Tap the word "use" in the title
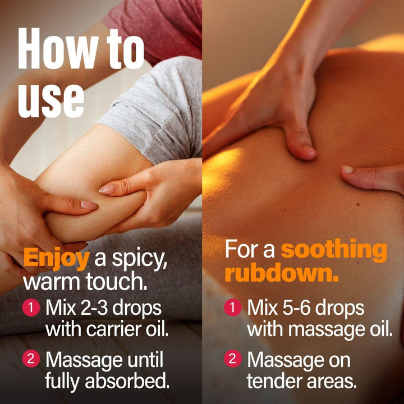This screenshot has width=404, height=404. tap(51, 101)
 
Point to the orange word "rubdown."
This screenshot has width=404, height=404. tap(282, 273)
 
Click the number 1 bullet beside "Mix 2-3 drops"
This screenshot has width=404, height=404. tap(31, 307)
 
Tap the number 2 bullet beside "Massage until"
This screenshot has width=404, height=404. tap(31, 359)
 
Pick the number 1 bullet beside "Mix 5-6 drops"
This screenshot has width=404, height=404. tap(233, 307)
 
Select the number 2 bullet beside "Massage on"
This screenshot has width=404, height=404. tap(233, 359)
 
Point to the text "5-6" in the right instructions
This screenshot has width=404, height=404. tap(296, 308)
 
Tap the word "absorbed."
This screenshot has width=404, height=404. tap(127, 381)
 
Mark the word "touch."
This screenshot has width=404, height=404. tap(117, 282)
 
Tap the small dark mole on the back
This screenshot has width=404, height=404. tap(358, 204)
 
